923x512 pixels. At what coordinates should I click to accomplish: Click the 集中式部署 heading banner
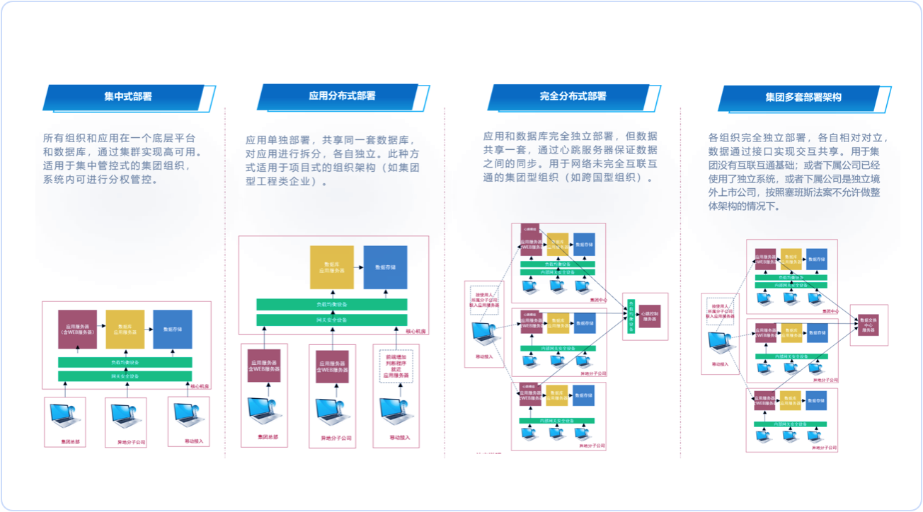click(x=128, y=97)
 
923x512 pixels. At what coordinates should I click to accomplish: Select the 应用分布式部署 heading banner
click(x=342, y=96)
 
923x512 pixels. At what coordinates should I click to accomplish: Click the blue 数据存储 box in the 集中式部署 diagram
click(x=172, y=330)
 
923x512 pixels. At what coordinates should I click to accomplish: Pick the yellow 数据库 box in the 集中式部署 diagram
click(x=125, y=330)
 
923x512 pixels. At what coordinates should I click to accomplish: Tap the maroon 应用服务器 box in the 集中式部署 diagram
click(x=77, y=330)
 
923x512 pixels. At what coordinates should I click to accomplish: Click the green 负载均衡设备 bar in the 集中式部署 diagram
click(x=125, y=361)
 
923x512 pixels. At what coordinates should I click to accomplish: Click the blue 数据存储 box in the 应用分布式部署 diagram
click(x=385, y=267)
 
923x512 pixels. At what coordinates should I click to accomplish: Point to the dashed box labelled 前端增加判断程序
click(x=396, y=367)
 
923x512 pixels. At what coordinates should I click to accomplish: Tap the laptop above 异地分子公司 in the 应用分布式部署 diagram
click(x=332, y=412)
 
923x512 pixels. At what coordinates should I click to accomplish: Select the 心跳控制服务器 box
click(x=649, y=315)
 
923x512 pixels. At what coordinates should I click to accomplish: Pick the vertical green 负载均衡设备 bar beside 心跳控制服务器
click(x=631, y=310)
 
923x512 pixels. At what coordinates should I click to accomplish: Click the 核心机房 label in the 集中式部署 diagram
click(x=198, y=385)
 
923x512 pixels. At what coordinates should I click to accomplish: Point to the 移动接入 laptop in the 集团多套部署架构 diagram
click(x=721, y=344)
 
